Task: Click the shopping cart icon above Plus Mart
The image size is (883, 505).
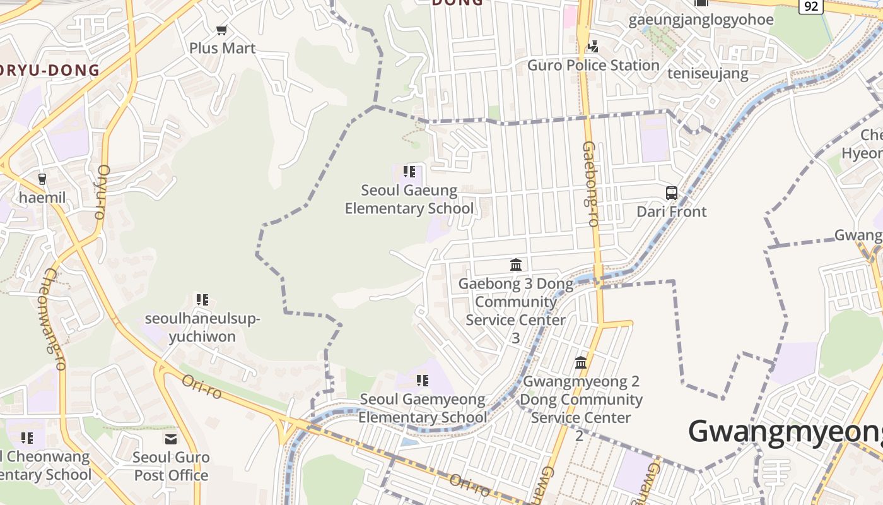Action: point(221,30)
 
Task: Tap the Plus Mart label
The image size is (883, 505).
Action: point(223,48)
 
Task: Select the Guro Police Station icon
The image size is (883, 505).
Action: point(593,46)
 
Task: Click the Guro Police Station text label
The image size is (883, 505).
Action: point(593,65)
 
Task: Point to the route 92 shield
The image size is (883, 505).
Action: point(811,6)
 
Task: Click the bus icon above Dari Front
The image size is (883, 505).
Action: point(672,193)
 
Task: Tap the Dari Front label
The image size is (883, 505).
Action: point(672,211)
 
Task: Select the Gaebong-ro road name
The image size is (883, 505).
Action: point(590,184)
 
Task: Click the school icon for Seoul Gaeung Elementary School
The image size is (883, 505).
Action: point(409,172)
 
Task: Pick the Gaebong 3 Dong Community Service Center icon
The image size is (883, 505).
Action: point(516,264)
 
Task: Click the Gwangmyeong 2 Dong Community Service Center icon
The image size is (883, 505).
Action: point(581,363)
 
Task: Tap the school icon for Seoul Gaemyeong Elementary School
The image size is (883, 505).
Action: point(423,381)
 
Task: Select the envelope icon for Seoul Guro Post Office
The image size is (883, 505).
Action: point(171,439)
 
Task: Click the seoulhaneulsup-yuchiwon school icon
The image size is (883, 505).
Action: point(202,300)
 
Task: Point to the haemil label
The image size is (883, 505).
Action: point(42,198)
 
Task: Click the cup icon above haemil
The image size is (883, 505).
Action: point(42,179)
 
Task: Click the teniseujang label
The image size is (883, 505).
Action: point(708,73)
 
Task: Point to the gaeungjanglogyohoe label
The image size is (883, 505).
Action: point(701,20)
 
